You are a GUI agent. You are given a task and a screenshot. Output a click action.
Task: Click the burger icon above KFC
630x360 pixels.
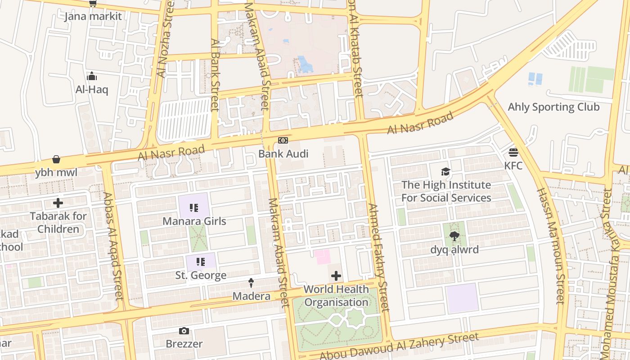(x=513, y=152)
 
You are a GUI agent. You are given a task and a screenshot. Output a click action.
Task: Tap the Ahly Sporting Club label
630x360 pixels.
(x=553, y=107)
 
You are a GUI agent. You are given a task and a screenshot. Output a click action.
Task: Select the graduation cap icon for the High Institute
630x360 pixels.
(x=445, y=171)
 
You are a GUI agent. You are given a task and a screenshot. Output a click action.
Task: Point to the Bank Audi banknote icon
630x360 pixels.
(x=283, y=140)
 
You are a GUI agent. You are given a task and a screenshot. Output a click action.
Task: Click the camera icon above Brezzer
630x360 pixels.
(x=184, y=331)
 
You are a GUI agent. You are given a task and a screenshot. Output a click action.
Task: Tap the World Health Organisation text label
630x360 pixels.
(x=336, y=296)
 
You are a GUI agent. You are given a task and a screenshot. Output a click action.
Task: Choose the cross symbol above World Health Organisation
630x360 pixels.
(x=336, y=276)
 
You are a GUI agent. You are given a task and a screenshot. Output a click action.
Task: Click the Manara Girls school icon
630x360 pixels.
(x=194, y=207)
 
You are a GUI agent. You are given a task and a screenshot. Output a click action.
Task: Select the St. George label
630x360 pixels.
(x=201, y=275)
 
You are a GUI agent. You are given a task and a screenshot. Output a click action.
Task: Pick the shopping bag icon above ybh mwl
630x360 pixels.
(x=56, y=159)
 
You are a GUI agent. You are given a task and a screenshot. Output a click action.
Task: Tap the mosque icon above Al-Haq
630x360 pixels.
(x=92, y=76)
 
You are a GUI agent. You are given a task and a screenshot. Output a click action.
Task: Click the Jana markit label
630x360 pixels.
(x=93, y=17)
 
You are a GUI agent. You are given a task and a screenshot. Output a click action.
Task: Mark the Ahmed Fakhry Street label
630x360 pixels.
(x=378, y=257)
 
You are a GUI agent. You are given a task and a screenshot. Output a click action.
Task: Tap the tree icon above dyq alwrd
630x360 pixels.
(x=454, y=236)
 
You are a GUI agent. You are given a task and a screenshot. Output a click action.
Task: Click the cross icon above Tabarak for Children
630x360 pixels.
(x=58, y=202)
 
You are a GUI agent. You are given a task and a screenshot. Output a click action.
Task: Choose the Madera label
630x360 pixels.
(x=251, y=296)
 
